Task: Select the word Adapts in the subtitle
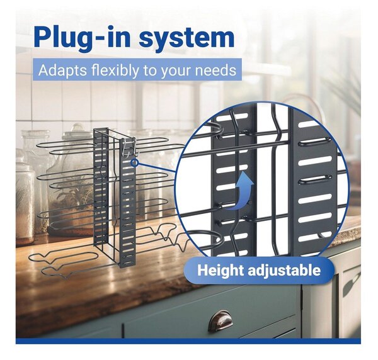[x=62, y=70]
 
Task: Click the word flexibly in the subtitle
[x=115, y=70]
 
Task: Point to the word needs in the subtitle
[x=215, y=70]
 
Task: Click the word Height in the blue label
[x=220, y=270]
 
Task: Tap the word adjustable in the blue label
[x=285, y=270]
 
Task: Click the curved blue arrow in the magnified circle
[x=240, y=189]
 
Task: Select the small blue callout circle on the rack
[x=135, y=163]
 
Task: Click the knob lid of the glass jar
[x=77, y=128]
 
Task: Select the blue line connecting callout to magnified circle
[x=156, y=168]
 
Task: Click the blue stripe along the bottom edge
[x=188, y=341]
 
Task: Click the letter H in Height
[x=202, y=270]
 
